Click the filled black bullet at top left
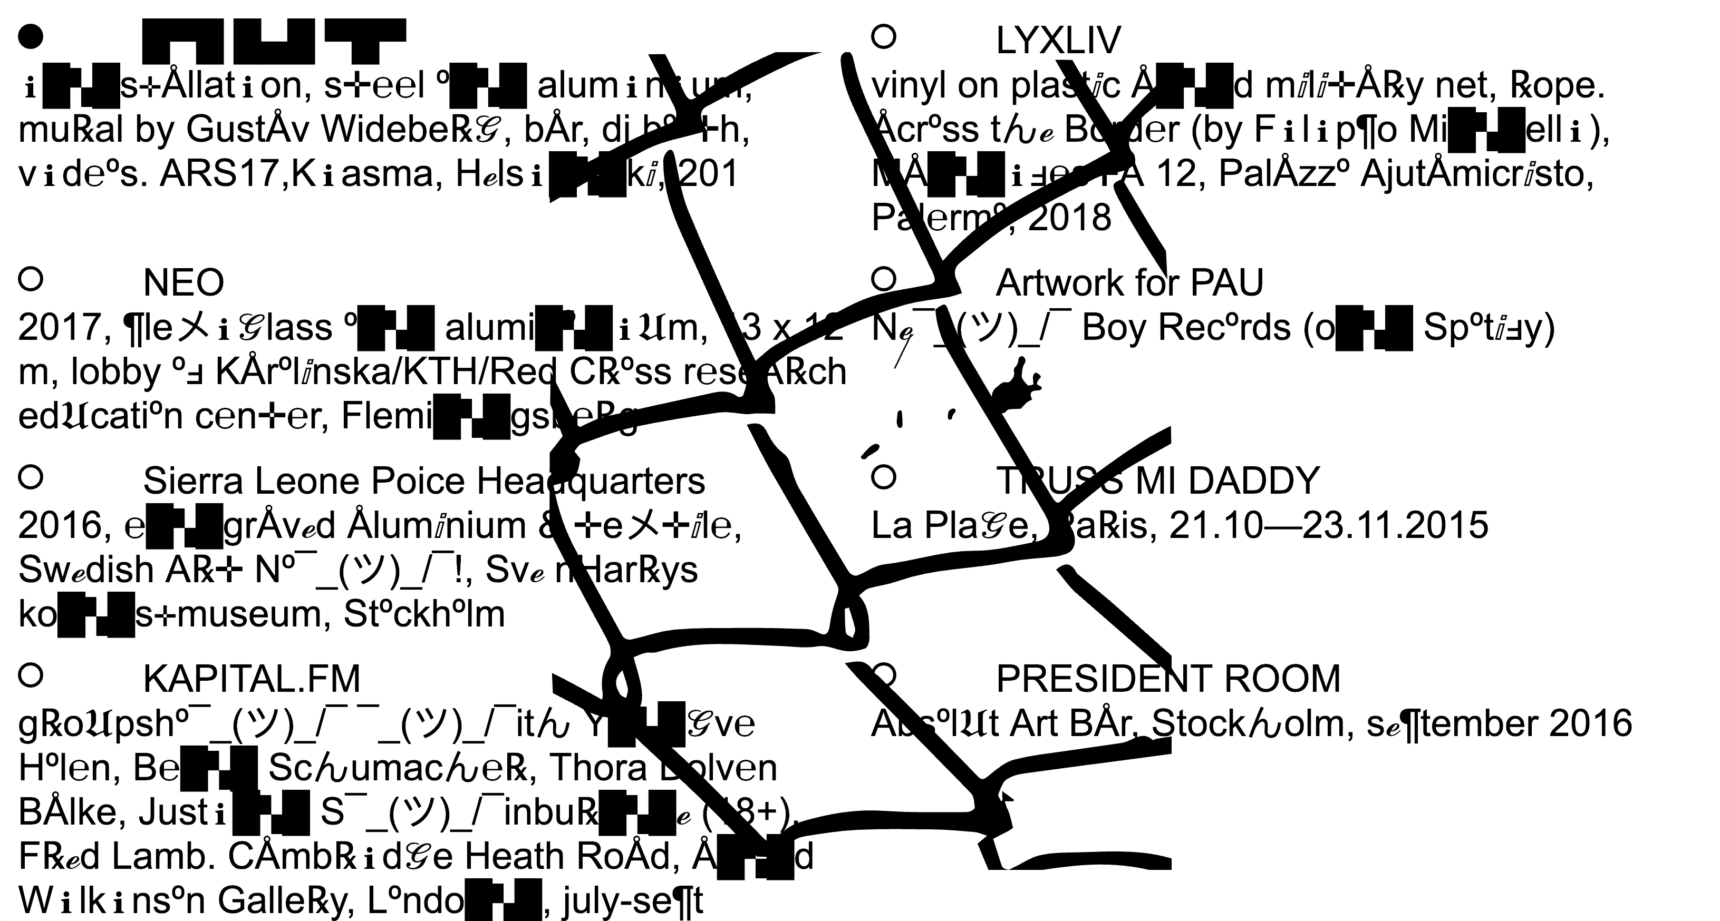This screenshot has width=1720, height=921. pos(30,37)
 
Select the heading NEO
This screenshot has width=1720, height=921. pos(183,283)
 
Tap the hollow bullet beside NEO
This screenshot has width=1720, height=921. pos(31,278)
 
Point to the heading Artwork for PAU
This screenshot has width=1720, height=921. pos(1130,283)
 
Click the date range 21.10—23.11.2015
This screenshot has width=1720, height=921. pos(1329,526)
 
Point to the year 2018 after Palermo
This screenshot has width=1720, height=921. pos(1070,218)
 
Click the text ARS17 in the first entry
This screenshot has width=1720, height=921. pos(217,175)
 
